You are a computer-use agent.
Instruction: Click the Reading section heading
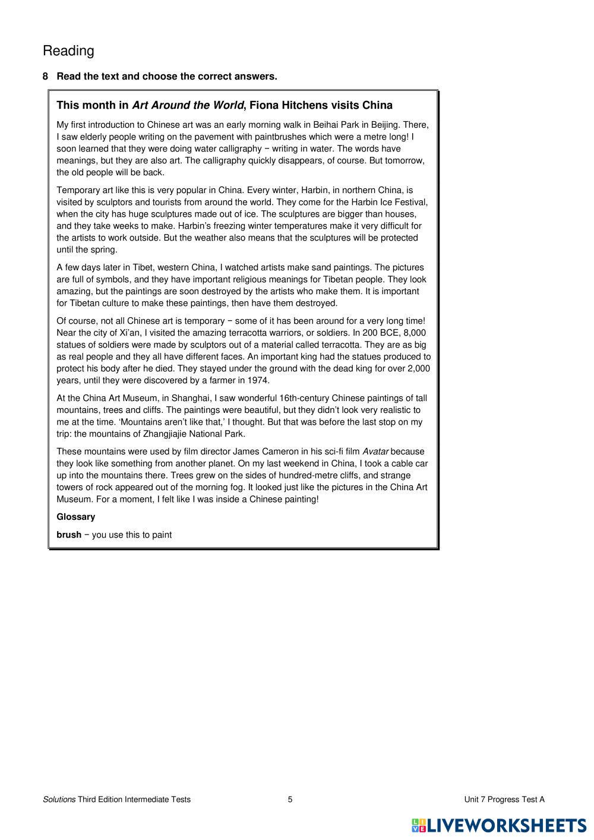68,51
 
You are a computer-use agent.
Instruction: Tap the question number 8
45,76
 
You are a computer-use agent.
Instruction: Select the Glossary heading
75,517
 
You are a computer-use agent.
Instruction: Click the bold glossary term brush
69,535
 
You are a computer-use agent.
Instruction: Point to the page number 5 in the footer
290,800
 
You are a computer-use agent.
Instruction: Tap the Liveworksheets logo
498,825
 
